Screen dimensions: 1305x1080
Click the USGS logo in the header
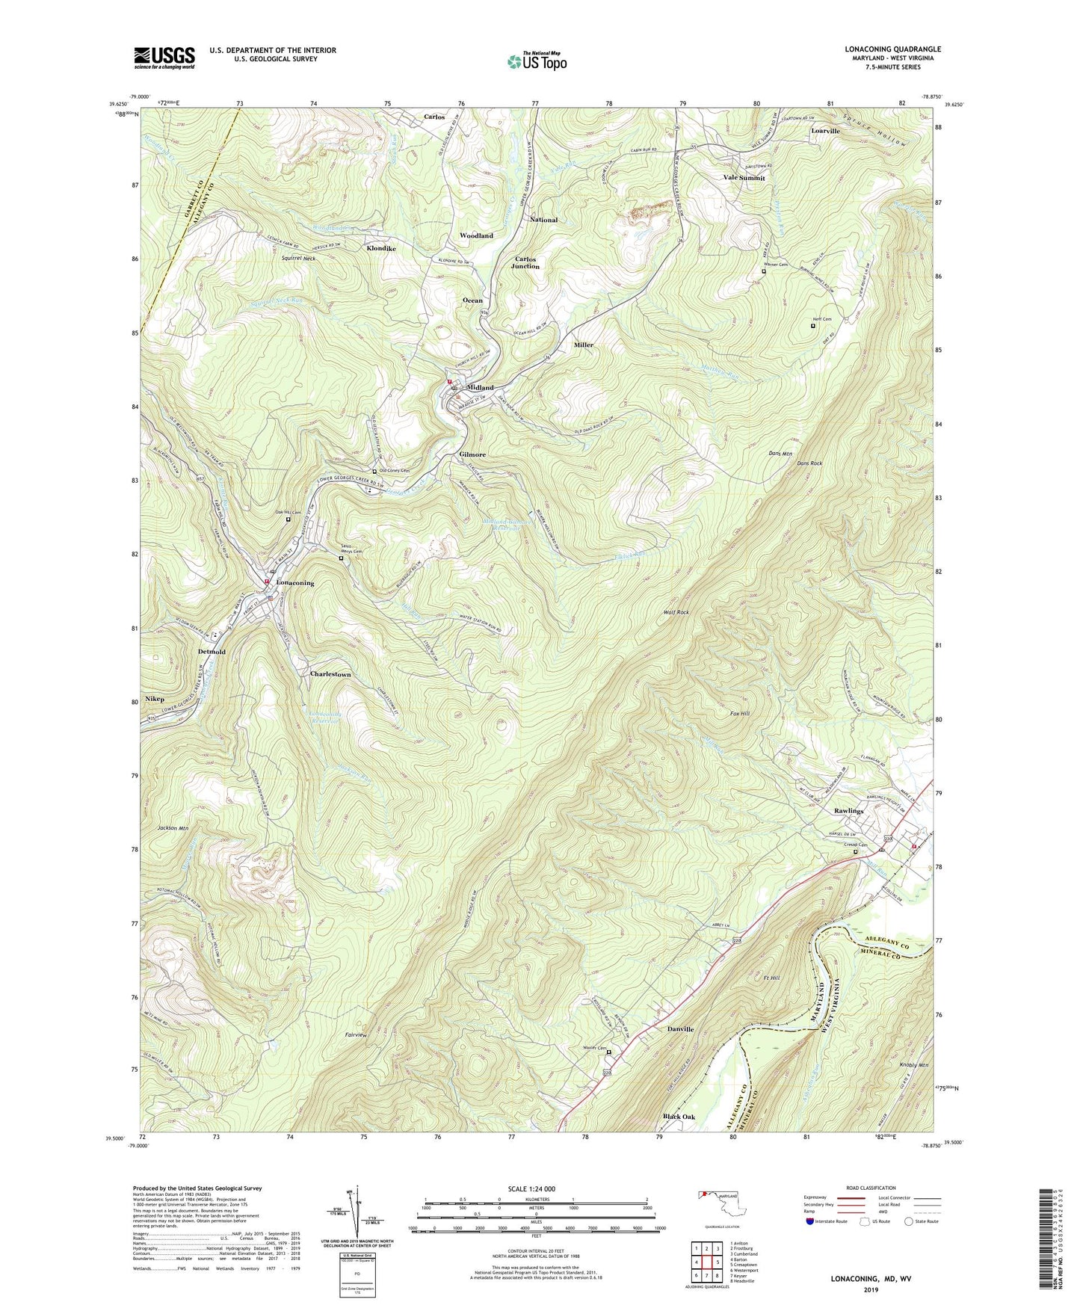[x=164, y=57]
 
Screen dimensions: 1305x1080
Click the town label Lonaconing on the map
[x=295, y=582]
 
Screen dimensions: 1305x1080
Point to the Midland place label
[x=481, y=388]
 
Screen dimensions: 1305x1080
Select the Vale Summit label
[x=744, y=178]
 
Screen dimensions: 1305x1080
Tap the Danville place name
[x=680, y=1029]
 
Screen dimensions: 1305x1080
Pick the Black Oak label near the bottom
[x=679, y=1117]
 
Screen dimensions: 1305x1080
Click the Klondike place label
[x=381, y=247]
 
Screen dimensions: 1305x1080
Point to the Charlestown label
[x=330, y=674]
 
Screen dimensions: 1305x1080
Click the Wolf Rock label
[x=676, y=612]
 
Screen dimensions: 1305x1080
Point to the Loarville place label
[x=825, y=131]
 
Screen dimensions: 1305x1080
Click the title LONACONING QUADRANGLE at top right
[x=892, y=49]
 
